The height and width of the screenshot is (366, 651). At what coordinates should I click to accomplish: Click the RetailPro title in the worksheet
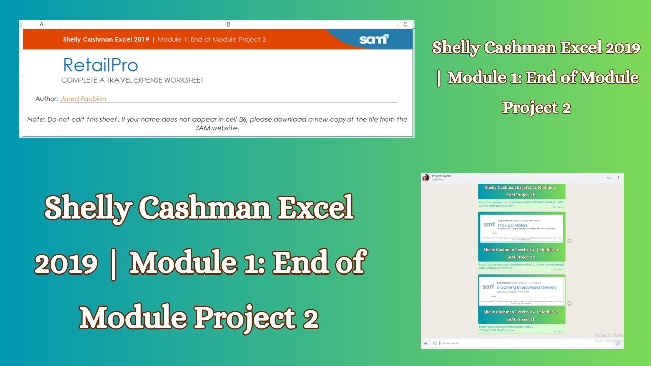[100, 65]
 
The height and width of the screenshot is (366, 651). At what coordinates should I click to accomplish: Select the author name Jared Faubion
[83, 99]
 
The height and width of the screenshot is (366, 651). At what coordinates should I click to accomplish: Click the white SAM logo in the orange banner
[373, 39]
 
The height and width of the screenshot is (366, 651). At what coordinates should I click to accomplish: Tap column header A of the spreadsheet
[41, 24]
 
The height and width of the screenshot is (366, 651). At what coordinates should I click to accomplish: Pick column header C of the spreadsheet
[405, 24]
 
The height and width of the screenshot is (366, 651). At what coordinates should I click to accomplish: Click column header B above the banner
[228, 24]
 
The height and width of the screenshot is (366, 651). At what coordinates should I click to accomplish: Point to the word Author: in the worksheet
[47, 99]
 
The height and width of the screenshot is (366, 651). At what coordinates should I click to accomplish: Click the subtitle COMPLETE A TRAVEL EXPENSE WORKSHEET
[132, 80]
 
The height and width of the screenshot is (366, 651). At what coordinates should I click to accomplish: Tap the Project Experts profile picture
[426, 178]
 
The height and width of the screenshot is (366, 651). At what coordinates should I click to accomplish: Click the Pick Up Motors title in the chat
[513, 225]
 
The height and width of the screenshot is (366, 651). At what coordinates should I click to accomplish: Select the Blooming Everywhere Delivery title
[527, 287]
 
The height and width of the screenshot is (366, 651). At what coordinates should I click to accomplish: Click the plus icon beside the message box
[426, 343]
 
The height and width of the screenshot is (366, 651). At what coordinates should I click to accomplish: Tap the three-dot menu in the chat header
[618, 178]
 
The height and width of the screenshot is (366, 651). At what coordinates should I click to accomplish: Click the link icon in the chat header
[609, 178]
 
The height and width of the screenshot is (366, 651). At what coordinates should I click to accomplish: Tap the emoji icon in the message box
[435, 343]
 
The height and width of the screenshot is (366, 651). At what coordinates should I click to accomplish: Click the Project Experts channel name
[441, 176]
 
